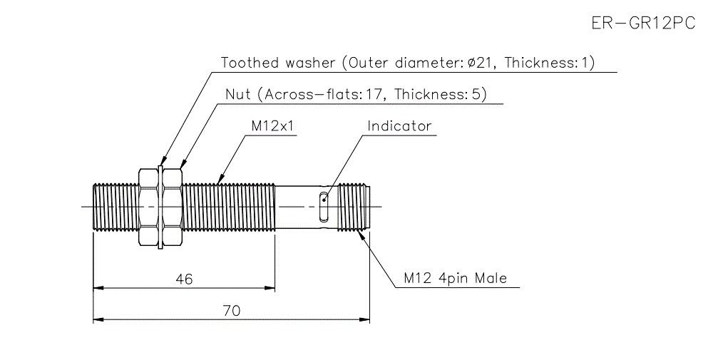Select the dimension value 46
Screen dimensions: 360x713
(x=184, y=279)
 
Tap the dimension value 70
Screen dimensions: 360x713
(x=232, y=311)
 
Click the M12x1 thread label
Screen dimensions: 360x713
(x=272, y=126)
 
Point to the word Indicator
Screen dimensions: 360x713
(x=399, y=126)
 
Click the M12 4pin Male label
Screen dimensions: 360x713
(x=455, y=278)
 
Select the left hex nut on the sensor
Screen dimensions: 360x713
(x=147, y=207)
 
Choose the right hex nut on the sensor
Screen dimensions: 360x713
(x=173, y=207)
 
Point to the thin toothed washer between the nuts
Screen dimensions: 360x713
(x=160, y=207)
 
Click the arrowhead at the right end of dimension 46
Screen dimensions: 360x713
(x=271, y=288)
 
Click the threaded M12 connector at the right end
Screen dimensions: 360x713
(x=352, y=207)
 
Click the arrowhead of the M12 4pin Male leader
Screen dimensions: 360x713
(x=364, y=233)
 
